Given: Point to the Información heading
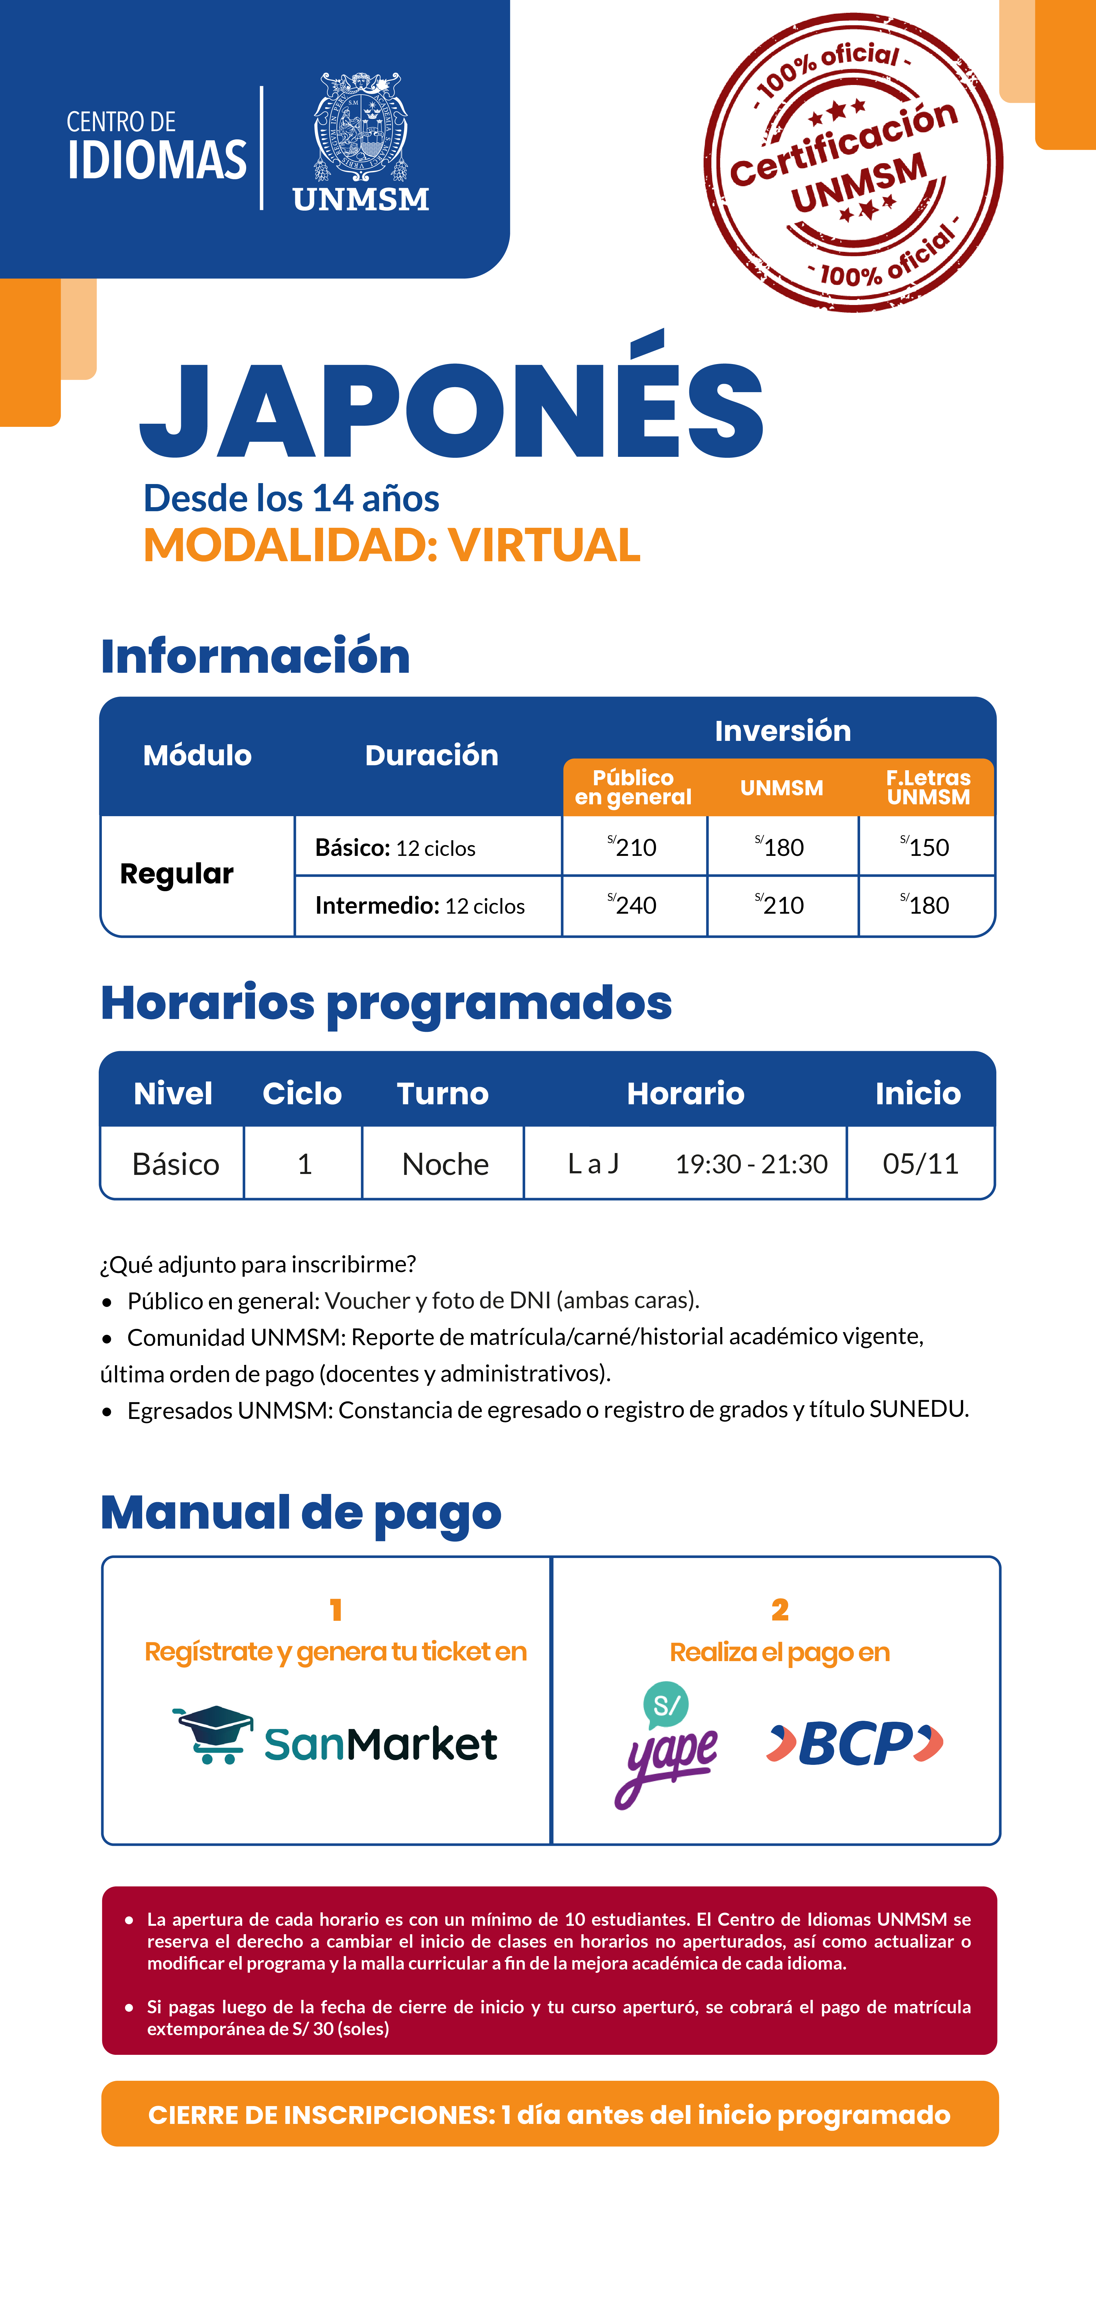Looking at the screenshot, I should tap(255, 656).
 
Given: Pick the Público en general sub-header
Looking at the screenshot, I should tap(634, 787).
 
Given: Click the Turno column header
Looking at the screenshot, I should tap(442, 1093).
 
